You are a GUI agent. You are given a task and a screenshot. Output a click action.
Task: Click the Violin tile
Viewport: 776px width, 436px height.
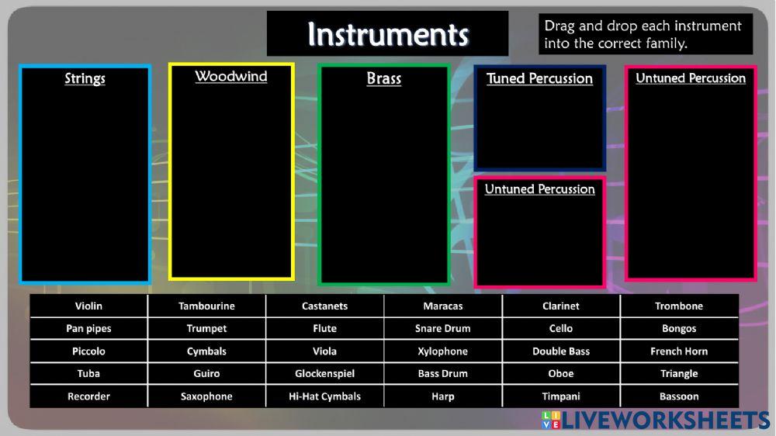tap(88, 306)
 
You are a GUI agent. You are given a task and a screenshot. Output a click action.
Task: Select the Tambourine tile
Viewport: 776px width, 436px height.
tap(206, 306)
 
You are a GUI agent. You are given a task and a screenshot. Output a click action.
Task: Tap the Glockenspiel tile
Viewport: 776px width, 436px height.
tap(324, 373)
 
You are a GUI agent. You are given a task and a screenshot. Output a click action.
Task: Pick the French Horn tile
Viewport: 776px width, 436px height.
tap(679, 351)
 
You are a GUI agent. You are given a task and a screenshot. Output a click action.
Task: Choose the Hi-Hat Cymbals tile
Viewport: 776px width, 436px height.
tap(324, 396)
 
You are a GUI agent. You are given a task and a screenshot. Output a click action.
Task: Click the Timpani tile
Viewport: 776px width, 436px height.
tap(560, 396)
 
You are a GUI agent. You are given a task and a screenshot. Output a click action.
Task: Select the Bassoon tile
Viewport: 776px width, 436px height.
tap(679, 396)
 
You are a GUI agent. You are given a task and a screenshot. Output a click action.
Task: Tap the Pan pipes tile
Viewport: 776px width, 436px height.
tap(88, 328)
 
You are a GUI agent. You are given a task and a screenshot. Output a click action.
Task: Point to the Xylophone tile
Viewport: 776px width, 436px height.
tap(442, 351)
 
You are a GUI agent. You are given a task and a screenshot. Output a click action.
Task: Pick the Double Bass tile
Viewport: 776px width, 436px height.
tap(560, 351)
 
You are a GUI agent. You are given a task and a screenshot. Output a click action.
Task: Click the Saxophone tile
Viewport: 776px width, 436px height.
tap(206, 396)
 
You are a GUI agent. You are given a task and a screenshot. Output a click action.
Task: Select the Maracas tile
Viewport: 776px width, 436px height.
tap(442, 306)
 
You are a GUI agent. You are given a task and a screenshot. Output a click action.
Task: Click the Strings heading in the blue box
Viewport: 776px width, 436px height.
tap(85, 79)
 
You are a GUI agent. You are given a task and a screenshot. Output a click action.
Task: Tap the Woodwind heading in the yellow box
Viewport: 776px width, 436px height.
tap(231, 77)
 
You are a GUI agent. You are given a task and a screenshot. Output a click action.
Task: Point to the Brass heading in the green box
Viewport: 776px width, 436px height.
tap(384, 79)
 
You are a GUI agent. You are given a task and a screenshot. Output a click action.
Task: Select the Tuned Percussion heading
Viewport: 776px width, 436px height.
tap(539, 78)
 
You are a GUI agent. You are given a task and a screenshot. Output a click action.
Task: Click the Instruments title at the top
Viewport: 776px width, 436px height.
tap(388, 34)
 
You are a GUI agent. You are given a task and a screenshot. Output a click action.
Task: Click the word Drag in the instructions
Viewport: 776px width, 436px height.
tap(559, 26)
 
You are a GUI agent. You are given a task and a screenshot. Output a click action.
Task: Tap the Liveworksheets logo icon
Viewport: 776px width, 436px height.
tap(550, 420)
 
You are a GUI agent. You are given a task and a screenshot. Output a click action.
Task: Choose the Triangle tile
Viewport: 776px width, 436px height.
tap(679, 373)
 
